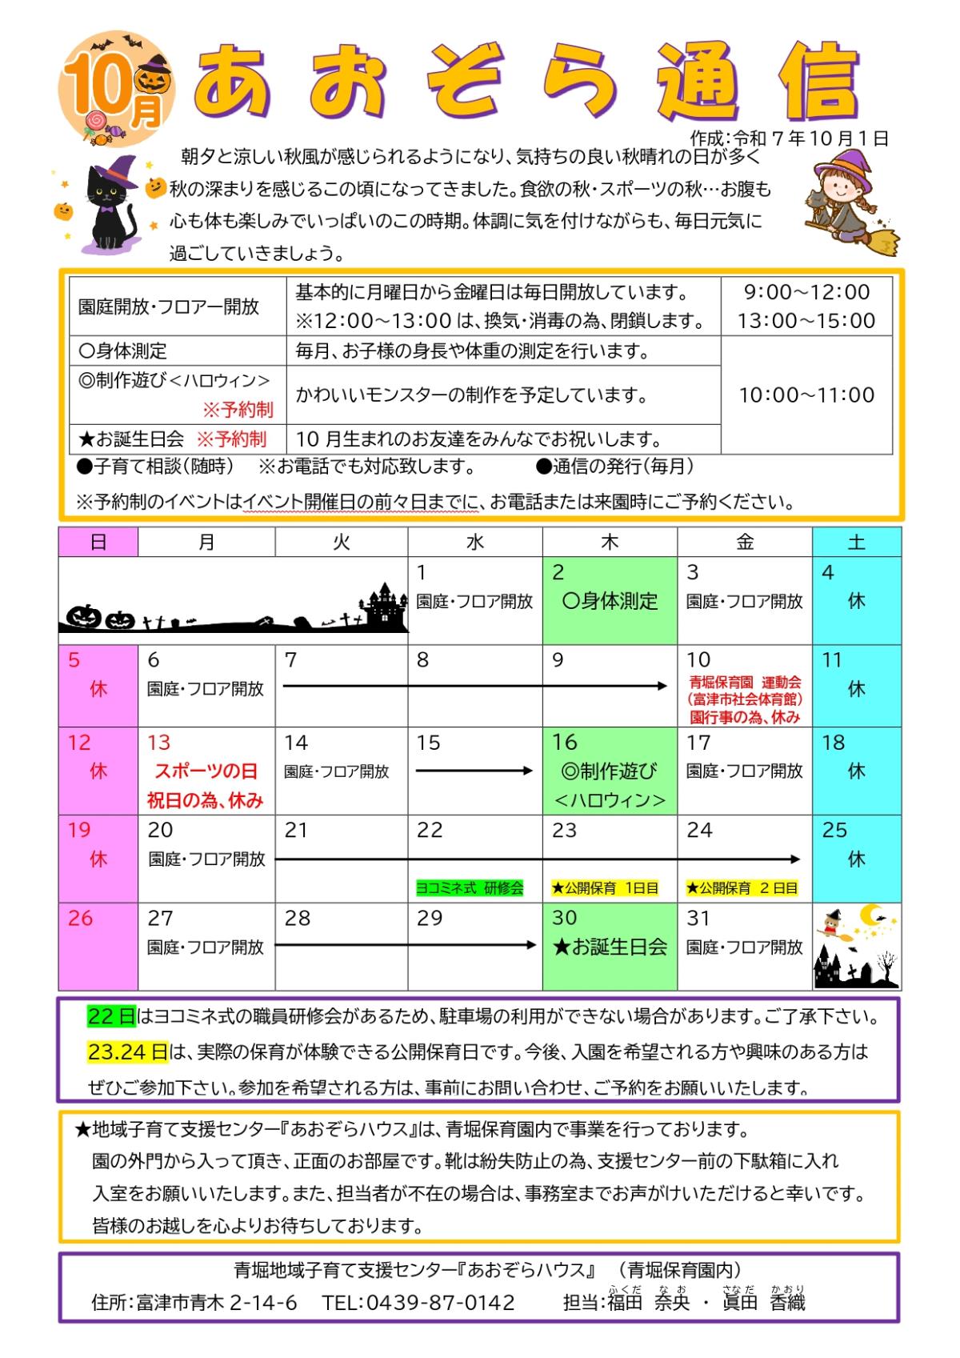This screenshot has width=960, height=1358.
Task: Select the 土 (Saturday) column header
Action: click(856, 543)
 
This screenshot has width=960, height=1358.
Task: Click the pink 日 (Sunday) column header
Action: click(98, 543)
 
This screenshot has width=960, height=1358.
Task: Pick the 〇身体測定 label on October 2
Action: click(610, 602)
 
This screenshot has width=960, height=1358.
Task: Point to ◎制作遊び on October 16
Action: click(610, 771)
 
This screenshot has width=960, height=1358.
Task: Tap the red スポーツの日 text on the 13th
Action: click(206, 771)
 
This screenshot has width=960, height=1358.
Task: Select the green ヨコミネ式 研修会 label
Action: click(470, 888)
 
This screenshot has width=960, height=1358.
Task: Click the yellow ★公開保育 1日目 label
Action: click(605, 888)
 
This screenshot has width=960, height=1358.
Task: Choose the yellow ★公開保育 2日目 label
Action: click(742, 888)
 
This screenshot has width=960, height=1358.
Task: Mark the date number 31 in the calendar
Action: click(698, 918)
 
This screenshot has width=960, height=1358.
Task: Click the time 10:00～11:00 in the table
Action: click(806, 395)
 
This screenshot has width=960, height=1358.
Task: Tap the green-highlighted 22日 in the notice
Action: click(112, 1017)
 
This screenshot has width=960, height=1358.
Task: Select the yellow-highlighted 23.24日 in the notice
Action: click(128, 1052)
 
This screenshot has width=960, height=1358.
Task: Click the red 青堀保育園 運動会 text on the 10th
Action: click(745, 683)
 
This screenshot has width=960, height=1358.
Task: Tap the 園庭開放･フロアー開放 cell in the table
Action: click(169, 306)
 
